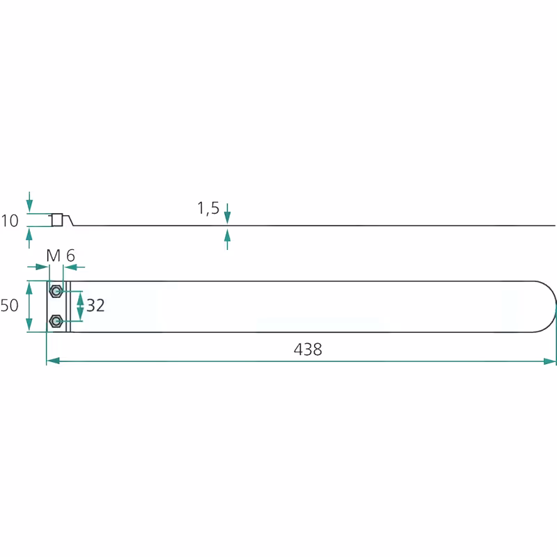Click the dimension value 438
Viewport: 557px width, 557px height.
(308, 350)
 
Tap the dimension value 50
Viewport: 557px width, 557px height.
(9, 306)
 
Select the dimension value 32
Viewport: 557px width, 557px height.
(95, 306)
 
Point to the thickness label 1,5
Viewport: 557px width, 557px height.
(208, 207)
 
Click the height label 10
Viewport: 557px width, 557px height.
(10, 221)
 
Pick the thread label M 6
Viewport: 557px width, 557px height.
(61, 256)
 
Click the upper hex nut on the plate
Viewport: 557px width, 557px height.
(56, 291)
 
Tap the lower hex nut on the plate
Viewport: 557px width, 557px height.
(56, 322)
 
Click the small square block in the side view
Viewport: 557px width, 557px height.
(57, 220)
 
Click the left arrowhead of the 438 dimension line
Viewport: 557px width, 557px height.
(53, 361)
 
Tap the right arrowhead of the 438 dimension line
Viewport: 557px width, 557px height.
(549, 361)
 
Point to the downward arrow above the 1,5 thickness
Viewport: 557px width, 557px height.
(228, 214)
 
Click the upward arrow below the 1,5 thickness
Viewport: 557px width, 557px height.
(228, 239)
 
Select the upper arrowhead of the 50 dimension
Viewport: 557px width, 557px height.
(29, 288)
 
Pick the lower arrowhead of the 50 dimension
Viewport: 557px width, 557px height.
(29, 325)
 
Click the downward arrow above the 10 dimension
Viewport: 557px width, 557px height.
(29, 202)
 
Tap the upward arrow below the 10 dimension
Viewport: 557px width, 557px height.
(29, 238)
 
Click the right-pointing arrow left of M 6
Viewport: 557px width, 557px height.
(38, 267)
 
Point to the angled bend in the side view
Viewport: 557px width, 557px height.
(70, 219)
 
